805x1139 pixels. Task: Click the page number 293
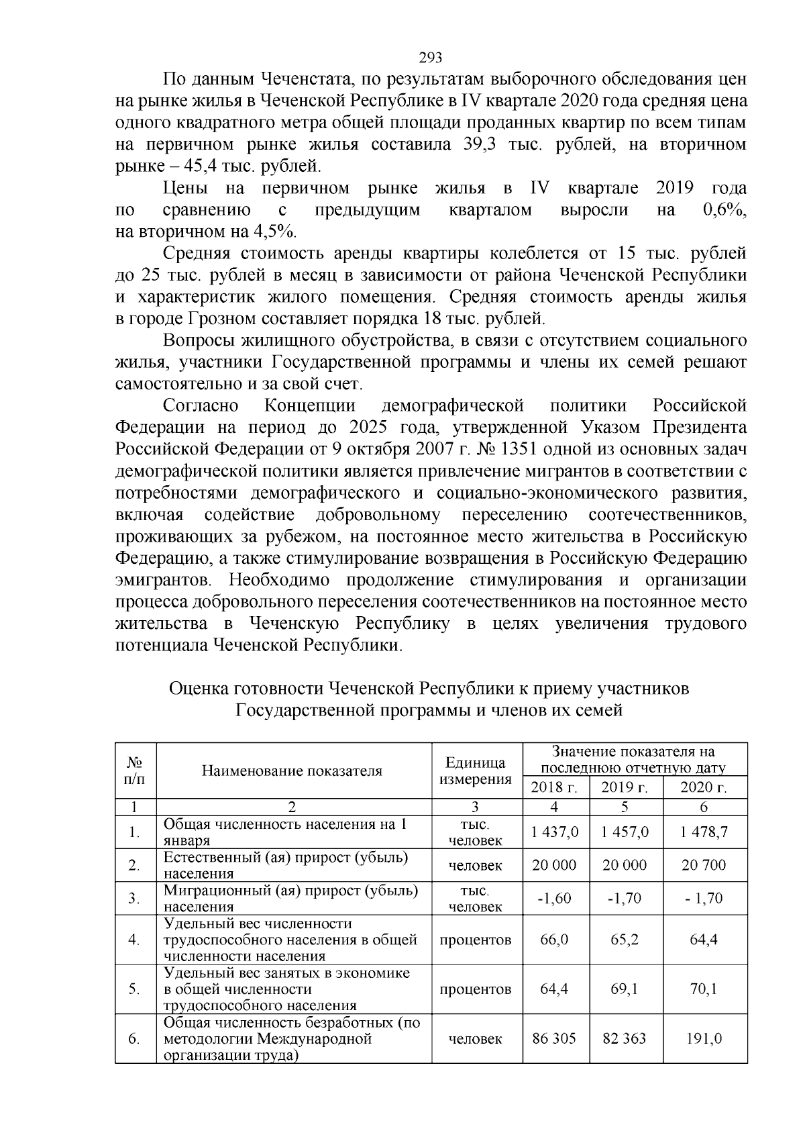point(430,57)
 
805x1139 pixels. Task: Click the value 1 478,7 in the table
point(704,832)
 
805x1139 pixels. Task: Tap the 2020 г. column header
point(704,787)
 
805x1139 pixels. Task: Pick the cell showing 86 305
point(554,1039)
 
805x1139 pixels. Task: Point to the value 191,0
point(704,1039)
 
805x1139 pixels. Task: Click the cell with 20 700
point(704,865)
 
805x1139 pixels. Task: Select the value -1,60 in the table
point(554,898)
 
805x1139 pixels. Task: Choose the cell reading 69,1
point(625,989)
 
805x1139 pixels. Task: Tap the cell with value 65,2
point(625,940)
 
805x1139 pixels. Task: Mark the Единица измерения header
point(475,771)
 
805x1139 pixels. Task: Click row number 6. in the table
point(134,1039)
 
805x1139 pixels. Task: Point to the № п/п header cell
point(135,771)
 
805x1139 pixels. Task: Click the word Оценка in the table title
point(199,689)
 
